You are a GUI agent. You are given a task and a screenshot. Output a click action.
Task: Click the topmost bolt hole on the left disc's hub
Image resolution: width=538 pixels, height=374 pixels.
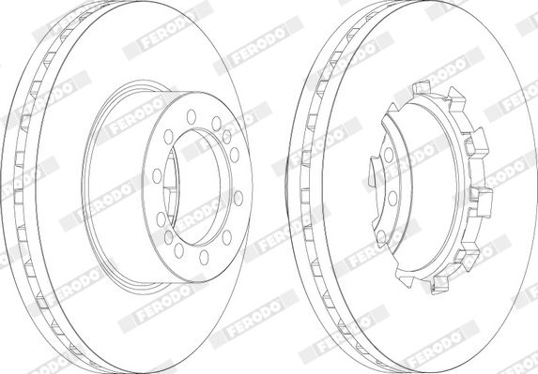[x=192, y=117]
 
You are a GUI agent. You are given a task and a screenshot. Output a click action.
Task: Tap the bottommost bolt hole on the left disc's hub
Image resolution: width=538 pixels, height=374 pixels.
[x=204, y=257]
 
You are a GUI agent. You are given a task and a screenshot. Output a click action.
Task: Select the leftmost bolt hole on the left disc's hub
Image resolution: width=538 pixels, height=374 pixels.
[x=157, y=176]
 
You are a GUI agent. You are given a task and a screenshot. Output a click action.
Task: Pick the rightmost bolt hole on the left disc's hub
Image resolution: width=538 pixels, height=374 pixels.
[x=238, y=199]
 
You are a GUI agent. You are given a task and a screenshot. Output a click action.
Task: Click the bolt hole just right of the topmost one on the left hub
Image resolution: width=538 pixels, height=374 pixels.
[x=216, y=124]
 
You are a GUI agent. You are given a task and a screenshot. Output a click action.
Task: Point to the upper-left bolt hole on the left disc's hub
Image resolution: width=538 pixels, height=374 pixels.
[x=168, y=137]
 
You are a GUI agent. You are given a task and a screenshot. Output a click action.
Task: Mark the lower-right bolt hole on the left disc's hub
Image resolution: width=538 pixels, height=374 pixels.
[x=227, y=237]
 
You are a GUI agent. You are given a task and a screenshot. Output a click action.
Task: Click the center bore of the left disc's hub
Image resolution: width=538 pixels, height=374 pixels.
[x=197, y=187]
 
